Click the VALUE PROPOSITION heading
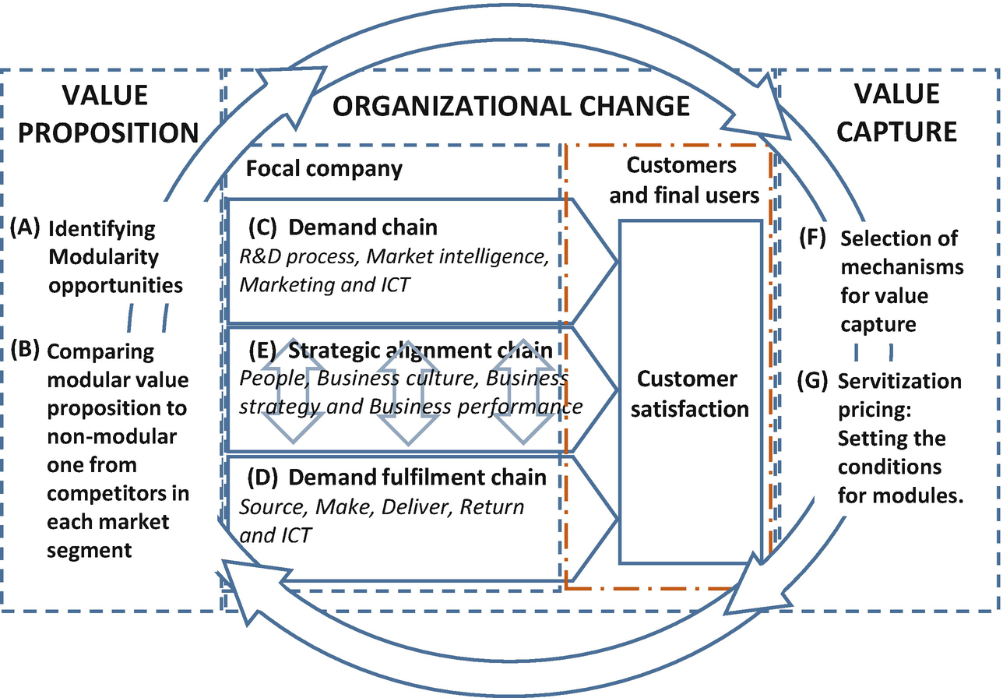(108, 114)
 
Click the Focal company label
(324, 168)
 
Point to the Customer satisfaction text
(688, 393)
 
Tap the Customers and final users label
(684, 180)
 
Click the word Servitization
(899, 382)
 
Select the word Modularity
(104, 256)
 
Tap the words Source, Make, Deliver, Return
(382, 507)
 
